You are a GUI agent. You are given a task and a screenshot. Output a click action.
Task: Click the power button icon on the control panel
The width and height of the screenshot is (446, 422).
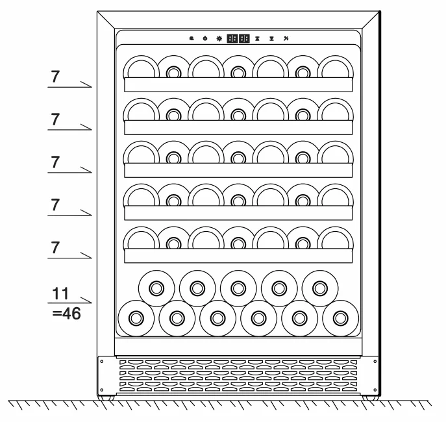coord(205,38)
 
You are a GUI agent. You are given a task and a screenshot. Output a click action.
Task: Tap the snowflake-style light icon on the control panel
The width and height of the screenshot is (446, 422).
coord(219,38)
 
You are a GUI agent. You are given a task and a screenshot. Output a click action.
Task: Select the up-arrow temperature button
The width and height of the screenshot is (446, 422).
coord(258,38)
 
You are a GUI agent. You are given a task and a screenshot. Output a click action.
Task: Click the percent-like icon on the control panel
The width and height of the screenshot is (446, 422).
coord(286,38)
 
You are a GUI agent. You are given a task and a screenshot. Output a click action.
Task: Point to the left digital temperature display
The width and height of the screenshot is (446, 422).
coord(232,38)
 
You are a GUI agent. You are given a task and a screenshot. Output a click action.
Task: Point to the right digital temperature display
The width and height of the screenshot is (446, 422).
coord(244,38)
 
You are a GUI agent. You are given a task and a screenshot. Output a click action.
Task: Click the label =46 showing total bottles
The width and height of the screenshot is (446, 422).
coord(67,314)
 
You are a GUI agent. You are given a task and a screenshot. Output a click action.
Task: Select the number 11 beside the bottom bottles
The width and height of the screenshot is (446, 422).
coord(60,293)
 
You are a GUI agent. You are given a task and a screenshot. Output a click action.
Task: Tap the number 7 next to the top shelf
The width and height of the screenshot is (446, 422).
coord(55,77)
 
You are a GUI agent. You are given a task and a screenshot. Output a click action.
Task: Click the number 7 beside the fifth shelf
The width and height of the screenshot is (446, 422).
coord(55,248)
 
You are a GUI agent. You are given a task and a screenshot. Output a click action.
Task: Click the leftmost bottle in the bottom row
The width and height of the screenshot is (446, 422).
coord(136,318)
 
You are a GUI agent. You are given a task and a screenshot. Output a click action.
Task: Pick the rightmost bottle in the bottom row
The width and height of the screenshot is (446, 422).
coord(340,318)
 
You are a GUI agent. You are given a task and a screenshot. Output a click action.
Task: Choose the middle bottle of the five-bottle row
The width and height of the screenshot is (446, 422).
coord(238,288)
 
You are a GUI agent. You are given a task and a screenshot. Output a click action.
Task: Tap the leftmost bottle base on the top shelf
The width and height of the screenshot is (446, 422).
coord(141,67)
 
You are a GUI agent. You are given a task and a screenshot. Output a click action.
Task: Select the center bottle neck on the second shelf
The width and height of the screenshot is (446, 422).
coord(238,115)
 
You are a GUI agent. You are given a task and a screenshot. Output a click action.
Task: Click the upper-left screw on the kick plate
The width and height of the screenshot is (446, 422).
coord(102,362)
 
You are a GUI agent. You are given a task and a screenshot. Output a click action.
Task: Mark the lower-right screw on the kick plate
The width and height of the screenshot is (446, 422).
coord(375,390)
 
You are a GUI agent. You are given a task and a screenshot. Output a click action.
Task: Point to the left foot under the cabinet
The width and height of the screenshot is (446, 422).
coord(106,397)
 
